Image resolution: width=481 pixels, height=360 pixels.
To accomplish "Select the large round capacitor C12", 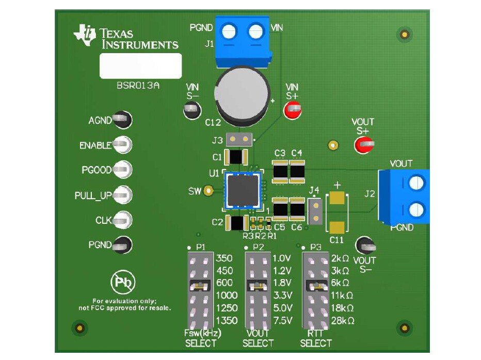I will [x=243, y=95].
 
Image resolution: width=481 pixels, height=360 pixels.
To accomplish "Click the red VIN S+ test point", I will [x=293, y=109].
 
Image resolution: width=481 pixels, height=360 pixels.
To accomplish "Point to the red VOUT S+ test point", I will [x=363, y=145].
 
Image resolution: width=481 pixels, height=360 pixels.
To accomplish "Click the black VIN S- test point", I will [x=191, y=109].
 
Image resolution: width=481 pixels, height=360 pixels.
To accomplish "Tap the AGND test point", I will [x=122, y=120].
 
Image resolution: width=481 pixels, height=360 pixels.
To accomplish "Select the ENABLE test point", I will [x=122, y=145].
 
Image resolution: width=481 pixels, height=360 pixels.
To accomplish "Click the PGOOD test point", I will [x=122, y=169].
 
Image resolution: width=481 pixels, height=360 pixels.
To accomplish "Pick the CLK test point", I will [x=122, y=220].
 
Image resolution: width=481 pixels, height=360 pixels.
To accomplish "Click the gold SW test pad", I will [x=209, y=191].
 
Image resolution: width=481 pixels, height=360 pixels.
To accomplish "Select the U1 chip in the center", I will [x=242, y=190].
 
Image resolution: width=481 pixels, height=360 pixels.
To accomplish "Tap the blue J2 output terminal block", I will [x=406, y=196].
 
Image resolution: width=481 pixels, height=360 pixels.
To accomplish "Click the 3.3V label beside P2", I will [x=282, y=296].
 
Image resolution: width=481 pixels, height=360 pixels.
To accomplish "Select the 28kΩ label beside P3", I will [x=343, y=321].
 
